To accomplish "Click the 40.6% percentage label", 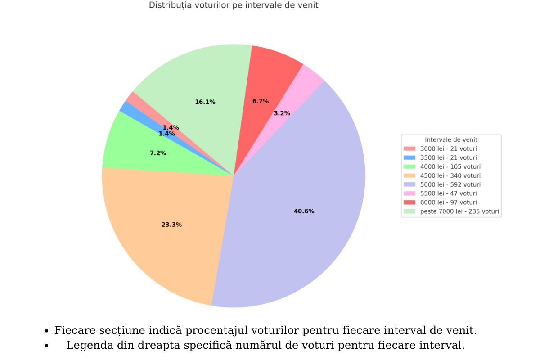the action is pyautogui.click(x=304, y=211).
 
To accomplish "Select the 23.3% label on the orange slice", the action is pyautogui.click(x=171, y=225).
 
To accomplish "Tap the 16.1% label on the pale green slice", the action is pyautogui.click(x=205, y=102).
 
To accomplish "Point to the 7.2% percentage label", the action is pyautogui.click(x=158, y=153).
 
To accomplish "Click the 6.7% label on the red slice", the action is pyautogui.click(x=261, y=102).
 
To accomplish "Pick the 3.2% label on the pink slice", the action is pyautogui.click(x=282, y=113).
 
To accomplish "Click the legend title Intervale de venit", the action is pyautogui.click(x=451, y=140).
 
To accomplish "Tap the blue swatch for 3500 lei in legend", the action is pyautogui.click(x=409, y=157).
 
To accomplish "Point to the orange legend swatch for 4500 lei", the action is pyautogui.click(x=409, y=176).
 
